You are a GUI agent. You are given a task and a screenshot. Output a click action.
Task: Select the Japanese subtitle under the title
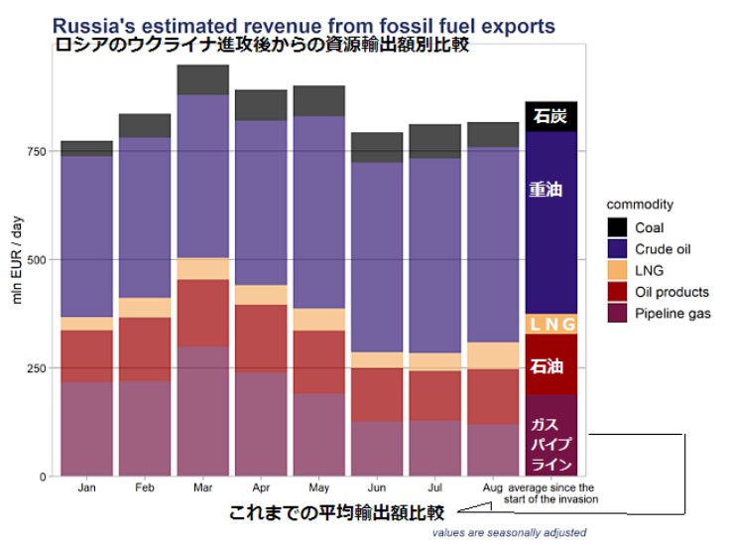pos(261,45)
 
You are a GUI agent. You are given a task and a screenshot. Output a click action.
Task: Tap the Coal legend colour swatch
pos(617,227)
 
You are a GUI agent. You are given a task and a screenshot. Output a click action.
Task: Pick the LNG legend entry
pos(650,270)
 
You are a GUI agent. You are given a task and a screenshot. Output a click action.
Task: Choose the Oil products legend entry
pos(671,292)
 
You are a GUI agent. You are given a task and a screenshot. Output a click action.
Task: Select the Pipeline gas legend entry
pos(672,314)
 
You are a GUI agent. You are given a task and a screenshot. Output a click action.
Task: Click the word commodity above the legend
pos(640,205)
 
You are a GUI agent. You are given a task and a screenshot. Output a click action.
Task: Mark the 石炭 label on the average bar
pos(550,116)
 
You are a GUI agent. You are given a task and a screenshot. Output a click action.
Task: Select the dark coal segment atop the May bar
pos(318,100)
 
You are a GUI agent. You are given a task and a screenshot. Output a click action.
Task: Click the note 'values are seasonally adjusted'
pos(508,533)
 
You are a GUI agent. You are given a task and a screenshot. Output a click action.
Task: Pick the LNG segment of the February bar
pos(145,308)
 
